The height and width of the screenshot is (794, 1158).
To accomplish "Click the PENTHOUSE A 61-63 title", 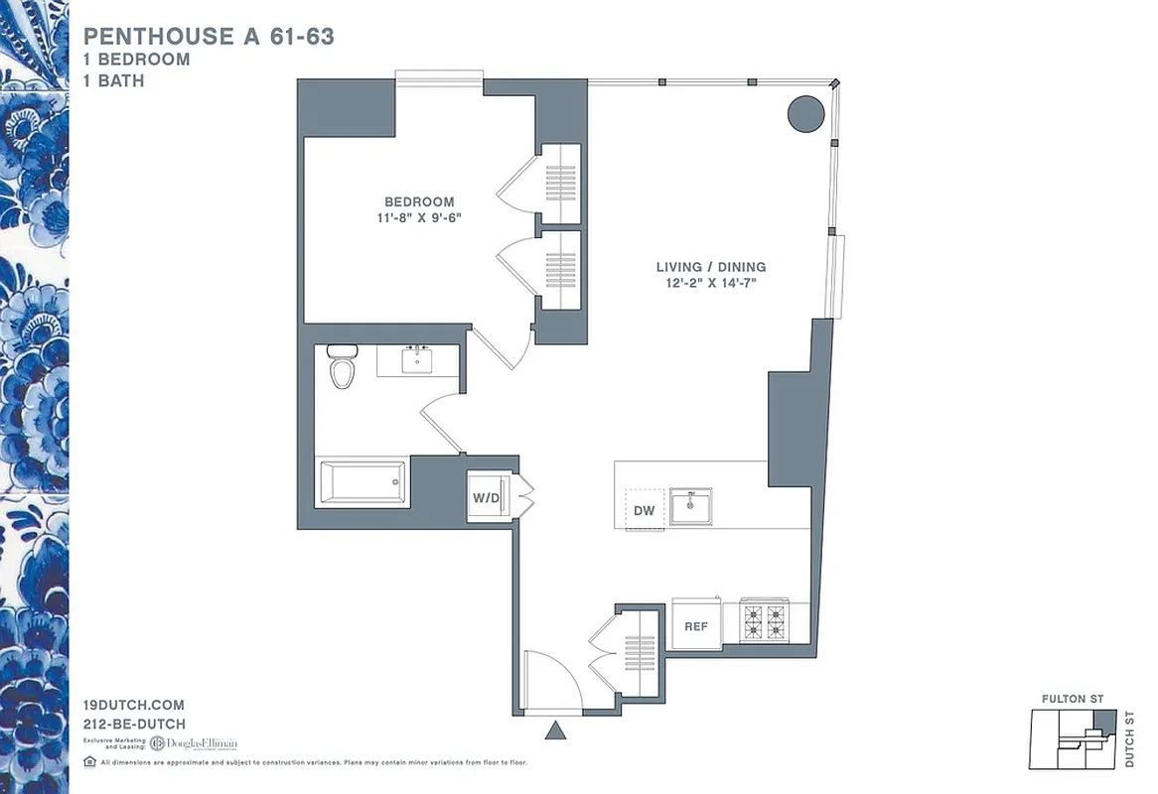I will coord(209,37).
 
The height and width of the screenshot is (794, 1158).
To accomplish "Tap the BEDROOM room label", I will coord(419,201).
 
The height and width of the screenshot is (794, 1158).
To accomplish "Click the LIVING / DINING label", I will coord(710,267).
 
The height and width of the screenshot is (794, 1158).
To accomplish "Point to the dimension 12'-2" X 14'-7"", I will coord(710,284).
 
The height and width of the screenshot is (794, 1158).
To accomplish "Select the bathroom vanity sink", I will coord(416,359).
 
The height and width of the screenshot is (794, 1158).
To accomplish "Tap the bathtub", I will coord(361,482).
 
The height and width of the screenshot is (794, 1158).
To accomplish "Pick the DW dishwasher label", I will coord(645,511).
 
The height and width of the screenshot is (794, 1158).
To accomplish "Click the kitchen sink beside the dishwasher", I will coord(690,506).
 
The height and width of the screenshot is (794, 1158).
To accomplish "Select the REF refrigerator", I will coord(696,626).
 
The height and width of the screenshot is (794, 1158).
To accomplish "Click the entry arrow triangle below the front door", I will coord(555,732).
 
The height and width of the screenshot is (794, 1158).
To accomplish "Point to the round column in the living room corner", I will coord(805,113).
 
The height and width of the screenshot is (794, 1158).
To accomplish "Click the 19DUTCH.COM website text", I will coord(135,705).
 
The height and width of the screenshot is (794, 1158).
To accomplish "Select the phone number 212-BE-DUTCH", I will coord(135,724).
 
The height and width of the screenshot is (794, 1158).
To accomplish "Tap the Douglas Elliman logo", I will coord(194,742).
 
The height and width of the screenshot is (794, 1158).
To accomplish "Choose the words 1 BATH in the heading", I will coord(114,80).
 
